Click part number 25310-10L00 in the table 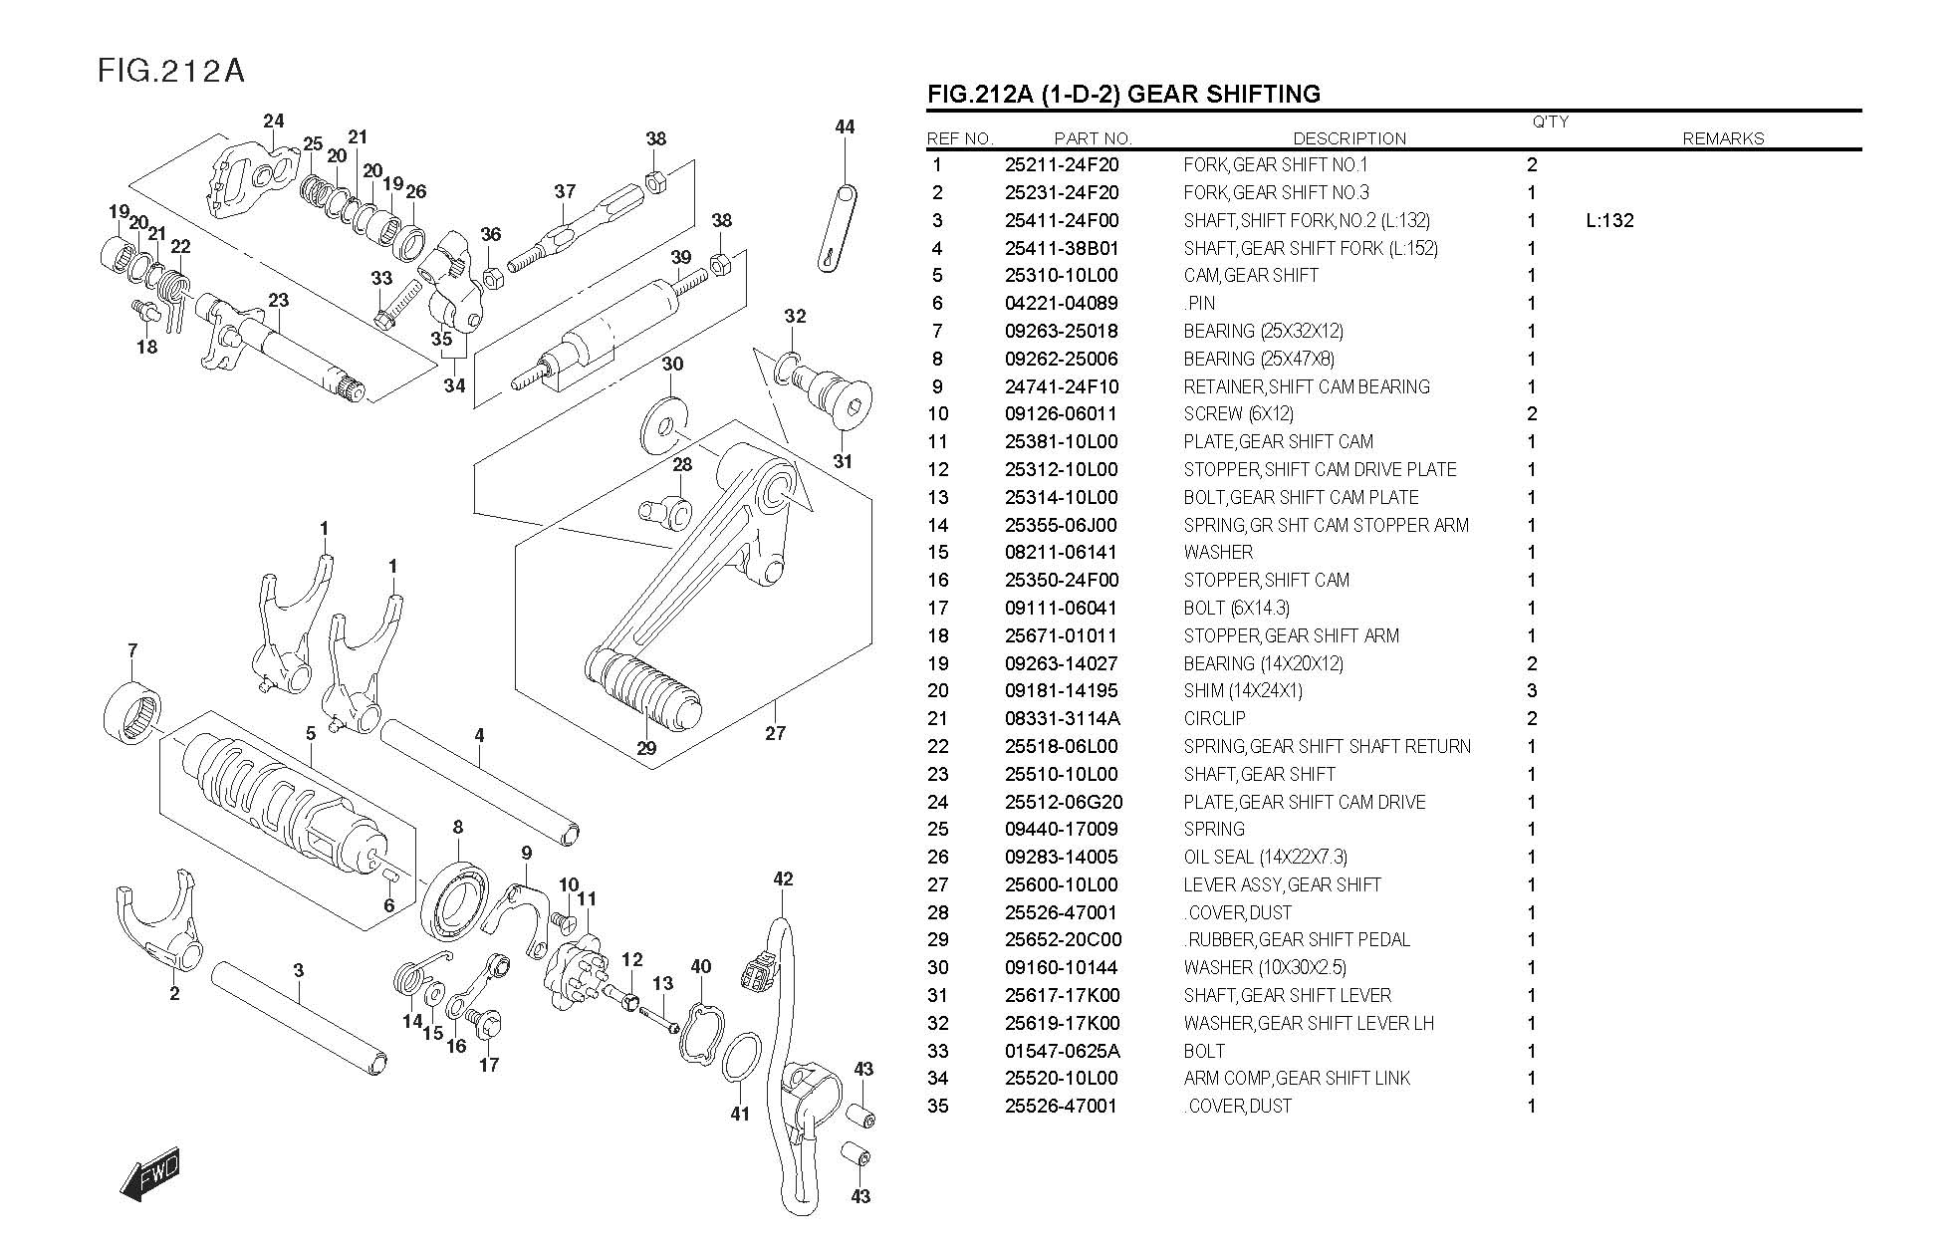tap(1061, 276)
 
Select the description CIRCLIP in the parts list tap(1214, 718)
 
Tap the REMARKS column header tap(1722, 138)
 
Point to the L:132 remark tap(1609, 220)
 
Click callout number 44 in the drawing tap(845, 126)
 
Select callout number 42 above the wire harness tap(783, 878)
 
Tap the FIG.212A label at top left tap(170, 71)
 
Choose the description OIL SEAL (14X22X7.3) tap(1265, 857)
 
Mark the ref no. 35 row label tap(938, 1106)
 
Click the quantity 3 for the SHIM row tap(1532, 690)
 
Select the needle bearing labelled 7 tap(132, 709)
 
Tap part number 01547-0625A tap(1062, 1051)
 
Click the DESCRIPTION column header tap(1349, 138)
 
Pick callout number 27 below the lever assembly tap(775, 733)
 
